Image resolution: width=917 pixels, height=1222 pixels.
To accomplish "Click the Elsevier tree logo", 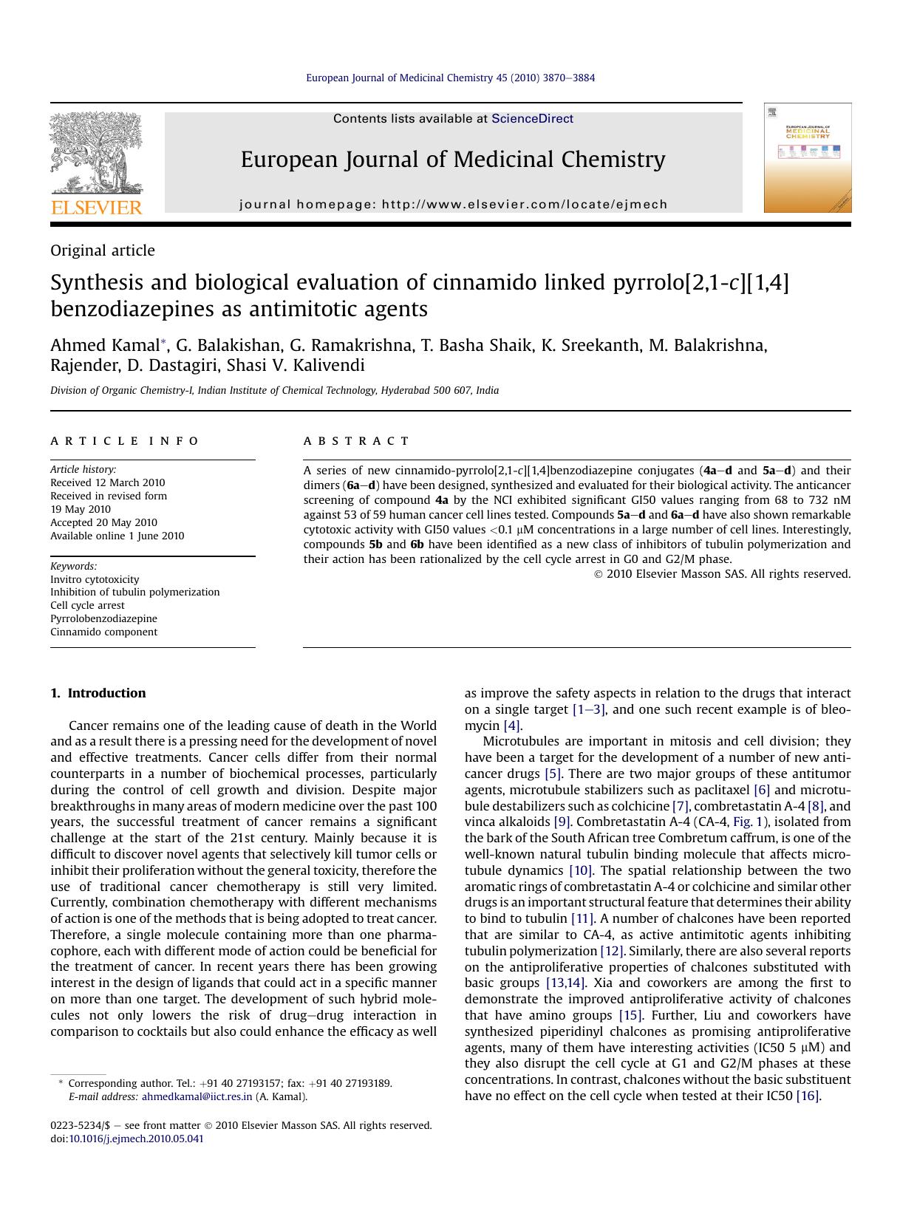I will coord(95,152).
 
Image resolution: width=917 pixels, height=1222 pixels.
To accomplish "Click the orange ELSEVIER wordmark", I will coord(96,208).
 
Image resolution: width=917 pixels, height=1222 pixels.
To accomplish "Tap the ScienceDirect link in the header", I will coord(532,119).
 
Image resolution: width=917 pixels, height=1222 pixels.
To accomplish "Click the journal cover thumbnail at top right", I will coord(807,158).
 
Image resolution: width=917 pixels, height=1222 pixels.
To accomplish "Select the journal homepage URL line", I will coord(453,205).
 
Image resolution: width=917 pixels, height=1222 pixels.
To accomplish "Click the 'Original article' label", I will coord(103,250).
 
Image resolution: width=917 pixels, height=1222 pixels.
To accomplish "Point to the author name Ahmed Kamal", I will coord(105,345).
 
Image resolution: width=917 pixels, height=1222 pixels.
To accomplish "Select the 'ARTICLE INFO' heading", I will coord(124,441).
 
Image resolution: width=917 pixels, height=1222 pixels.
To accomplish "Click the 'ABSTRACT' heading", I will coord(356,441).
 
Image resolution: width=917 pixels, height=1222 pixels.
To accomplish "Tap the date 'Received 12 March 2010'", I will coord(108,482).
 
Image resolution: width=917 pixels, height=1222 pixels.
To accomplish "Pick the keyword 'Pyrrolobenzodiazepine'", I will coord(103,618).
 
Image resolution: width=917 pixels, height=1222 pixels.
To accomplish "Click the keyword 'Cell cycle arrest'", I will coord(87,605).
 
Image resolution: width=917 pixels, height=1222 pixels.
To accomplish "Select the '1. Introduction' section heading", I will coord(98,693).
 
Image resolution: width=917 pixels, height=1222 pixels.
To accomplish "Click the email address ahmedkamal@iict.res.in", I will coord(197,1096).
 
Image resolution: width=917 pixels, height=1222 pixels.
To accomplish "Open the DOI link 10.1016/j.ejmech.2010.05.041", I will coord(136,1139).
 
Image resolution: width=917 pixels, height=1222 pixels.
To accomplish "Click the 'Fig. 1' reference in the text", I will coord(750,822).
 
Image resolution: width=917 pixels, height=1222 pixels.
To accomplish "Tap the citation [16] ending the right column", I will coord(808,1096).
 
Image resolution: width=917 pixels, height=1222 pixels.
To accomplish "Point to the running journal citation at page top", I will coord(450,78).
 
